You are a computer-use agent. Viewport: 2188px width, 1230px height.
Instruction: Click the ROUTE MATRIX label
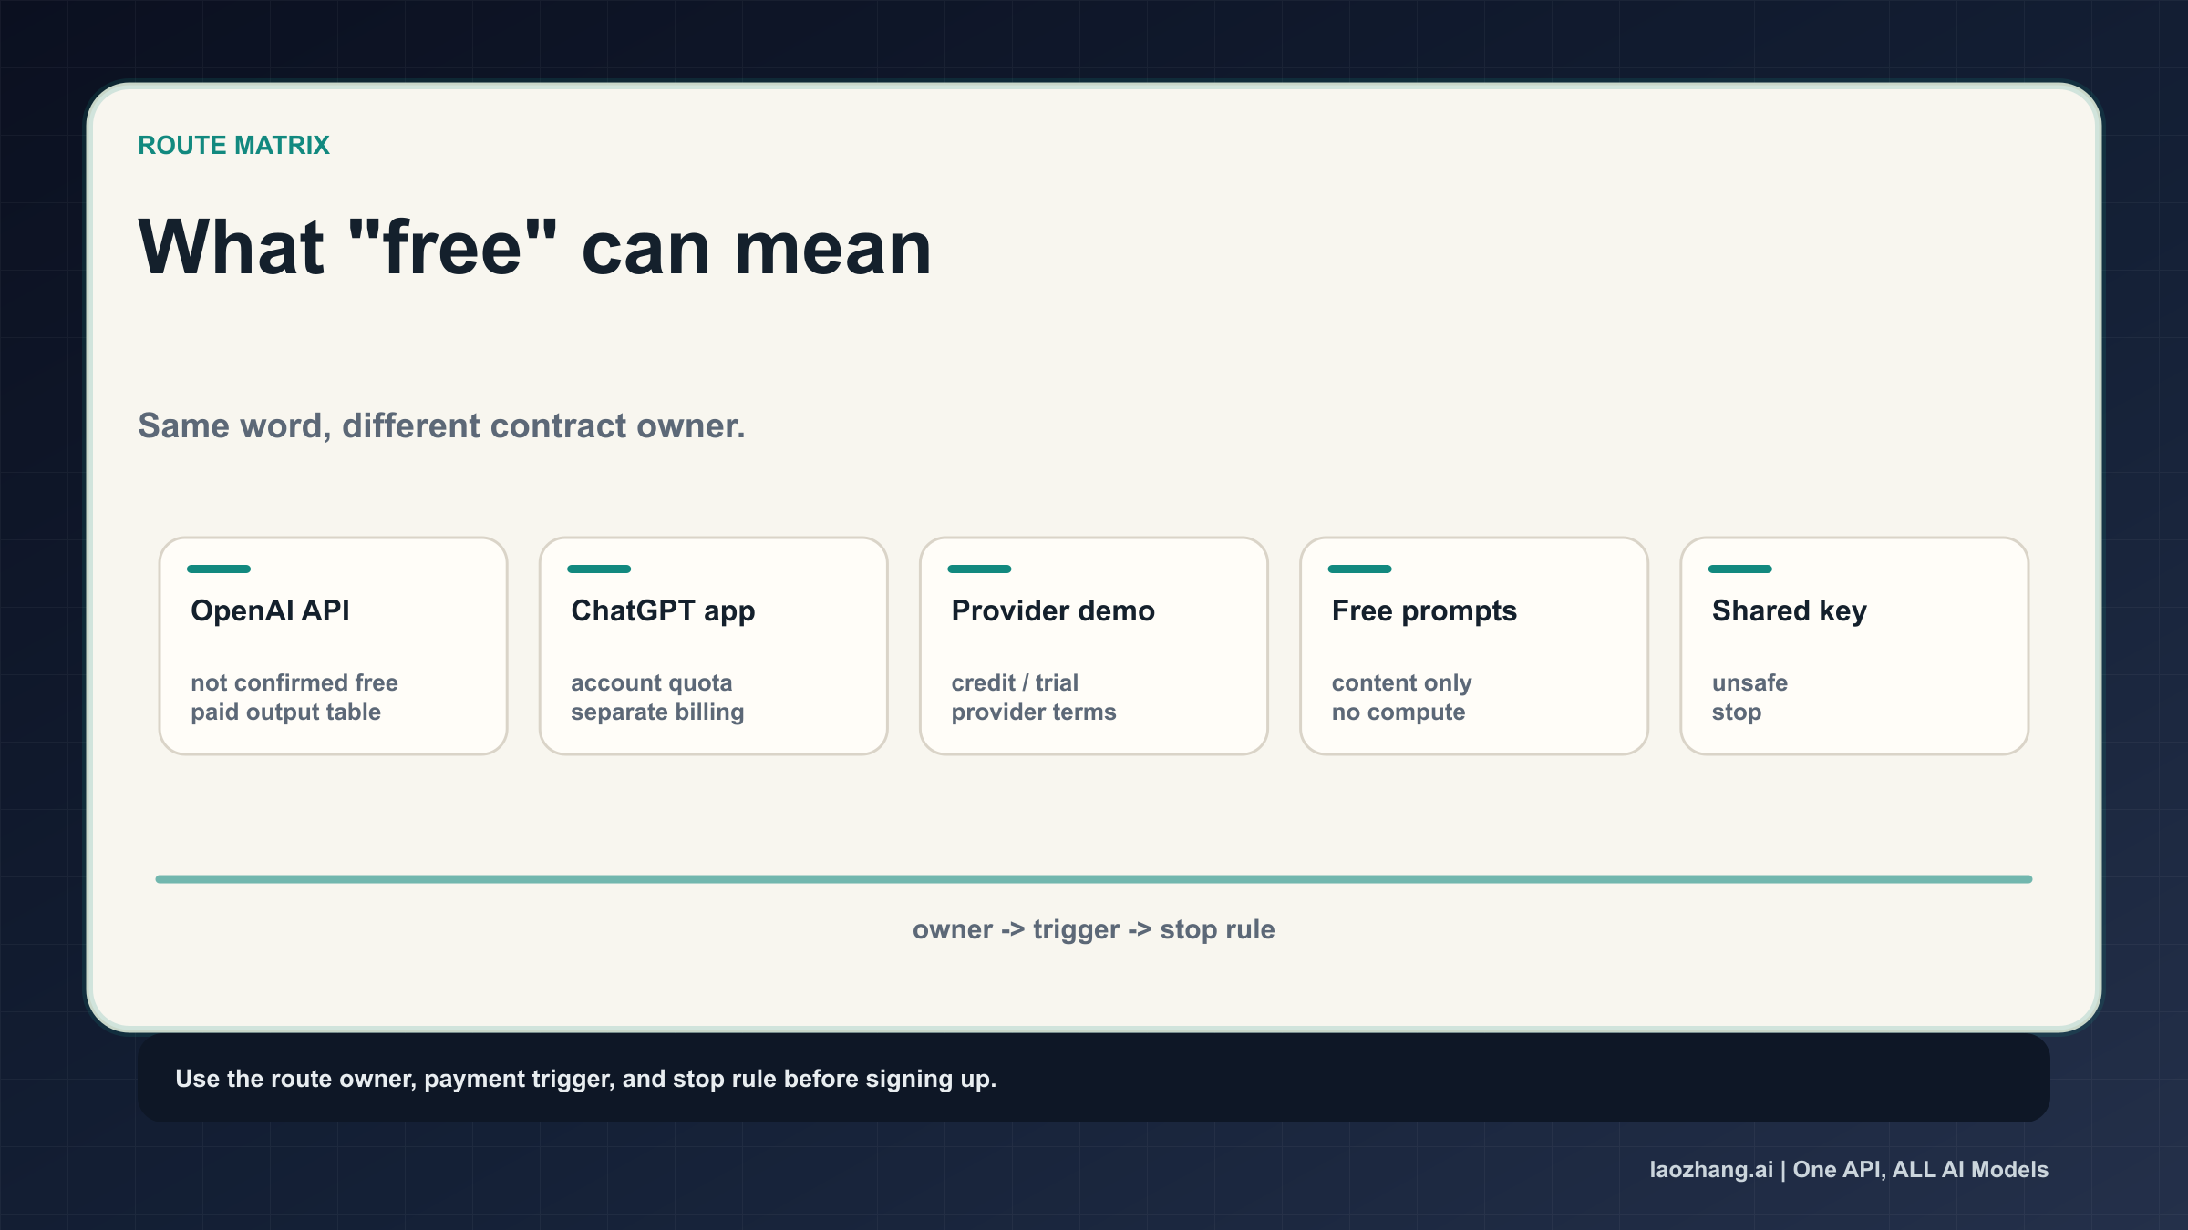(x=233, y=146)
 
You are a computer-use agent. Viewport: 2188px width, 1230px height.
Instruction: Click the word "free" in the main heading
(x=452, y=248)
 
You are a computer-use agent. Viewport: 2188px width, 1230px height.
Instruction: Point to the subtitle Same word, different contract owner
(x=441, y=425)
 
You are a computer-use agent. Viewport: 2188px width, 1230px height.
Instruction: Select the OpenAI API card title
(x=270, y=610)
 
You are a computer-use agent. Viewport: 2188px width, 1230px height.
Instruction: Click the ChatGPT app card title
(x=663, y=610)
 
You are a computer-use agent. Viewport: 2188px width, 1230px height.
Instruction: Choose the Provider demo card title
(x=1053, y=610)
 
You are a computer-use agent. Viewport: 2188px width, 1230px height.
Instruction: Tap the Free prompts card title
(x=1424, y=610)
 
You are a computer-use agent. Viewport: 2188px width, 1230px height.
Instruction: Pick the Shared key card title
(x=1789, y=610)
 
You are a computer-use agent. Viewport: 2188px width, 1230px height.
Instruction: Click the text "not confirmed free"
(x=294, y=682)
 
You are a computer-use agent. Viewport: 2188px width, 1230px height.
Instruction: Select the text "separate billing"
(x=657, y=712)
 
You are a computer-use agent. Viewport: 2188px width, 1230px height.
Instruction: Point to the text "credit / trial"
(x=1015, y=682)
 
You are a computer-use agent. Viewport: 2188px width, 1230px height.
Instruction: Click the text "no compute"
(x=1398, y=712)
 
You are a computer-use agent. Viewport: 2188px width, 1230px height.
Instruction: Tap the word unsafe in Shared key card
(x=1749, y=682)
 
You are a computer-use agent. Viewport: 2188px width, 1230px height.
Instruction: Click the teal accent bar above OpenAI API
(x=219, y=569)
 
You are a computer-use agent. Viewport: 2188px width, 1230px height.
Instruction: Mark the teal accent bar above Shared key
(x=1739, y=569)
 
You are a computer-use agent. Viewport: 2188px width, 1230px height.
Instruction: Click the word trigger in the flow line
(x=1076, y=929)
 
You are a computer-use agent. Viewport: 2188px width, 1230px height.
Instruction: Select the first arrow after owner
(x=1013, y=929)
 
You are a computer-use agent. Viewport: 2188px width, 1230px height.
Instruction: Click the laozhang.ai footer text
(x=1711, y=1169)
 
